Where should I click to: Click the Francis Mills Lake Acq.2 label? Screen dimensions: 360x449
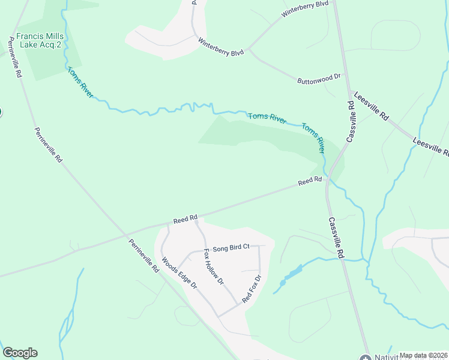pyautogui.click(x=40, y=40)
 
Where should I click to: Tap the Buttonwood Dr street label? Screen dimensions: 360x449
pyautogui.click(x=319, y=78)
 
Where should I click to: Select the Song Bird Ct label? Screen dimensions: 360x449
pyautogui.click(x=231, y=247)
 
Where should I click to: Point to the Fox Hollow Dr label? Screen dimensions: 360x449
pyautogui.click(x=214, y=266)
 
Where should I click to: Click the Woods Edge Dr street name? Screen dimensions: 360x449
pyautogui.click(x=179, y=274)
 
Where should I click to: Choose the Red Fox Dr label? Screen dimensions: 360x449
pyautogui.click(x=252, y=289)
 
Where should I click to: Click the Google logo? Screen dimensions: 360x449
pyautogui.click(x=20, y=353)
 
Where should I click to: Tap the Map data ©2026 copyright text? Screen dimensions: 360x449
pyautogui.click(x=423, y=355)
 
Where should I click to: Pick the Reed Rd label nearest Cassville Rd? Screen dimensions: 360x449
pyautogui.click(x=310, y=180)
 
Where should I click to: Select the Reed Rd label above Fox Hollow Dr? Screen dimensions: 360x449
pyautogui.click(x=185, y=220)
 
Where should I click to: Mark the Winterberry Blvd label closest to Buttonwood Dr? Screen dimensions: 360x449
pyautogui.click(x=221, y=46)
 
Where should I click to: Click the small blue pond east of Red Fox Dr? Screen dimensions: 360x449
pyautogui.click(x=291, y=274)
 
